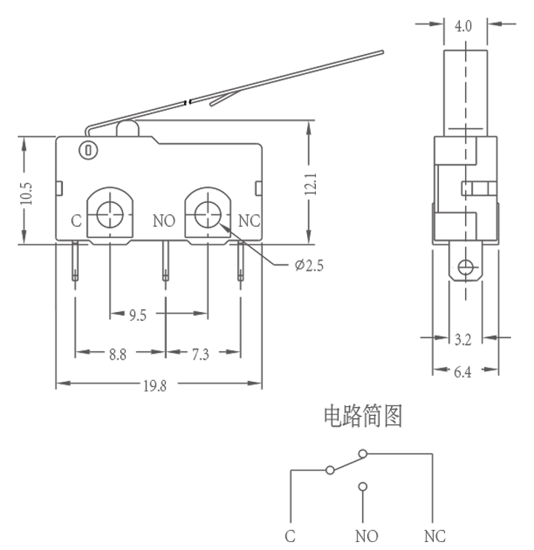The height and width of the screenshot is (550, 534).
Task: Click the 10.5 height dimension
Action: click(27, 190)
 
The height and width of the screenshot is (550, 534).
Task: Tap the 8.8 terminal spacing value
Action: click(117, 354)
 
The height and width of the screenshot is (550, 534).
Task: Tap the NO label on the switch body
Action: click(164, 221)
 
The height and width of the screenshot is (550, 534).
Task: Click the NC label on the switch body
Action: click(249, 221)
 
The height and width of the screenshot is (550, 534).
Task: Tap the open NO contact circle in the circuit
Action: click(362, 487)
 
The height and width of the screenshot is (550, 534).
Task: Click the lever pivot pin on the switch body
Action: click(88, 150)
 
